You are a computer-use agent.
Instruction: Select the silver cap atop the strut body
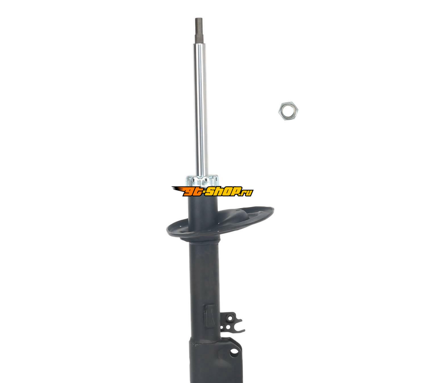click(202, 180)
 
